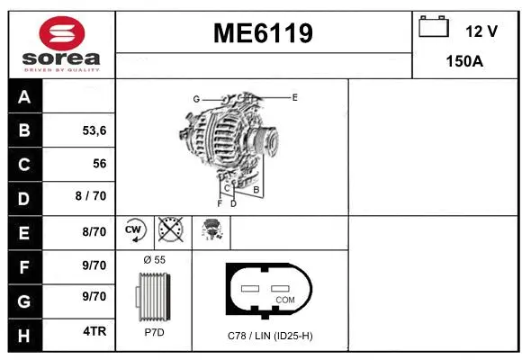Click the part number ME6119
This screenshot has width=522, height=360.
(263, 33)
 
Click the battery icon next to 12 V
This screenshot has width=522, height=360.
(434, 27)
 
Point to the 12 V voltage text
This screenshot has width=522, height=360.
(481, 31)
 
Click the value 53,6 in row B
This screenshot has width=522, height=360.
(94, 130)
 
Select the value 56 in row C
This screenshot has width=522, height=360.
(99, 164)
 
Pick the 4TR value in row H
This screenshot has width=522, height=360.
(94, 331)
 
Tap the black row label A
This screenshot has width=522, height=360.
(24, 97)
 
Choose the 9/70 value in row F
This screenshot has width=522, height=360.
(94, 265)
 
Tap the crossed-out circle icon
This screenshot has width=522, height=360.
(169, 230)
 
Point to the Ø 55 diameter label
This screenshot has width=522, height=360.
(155, 259)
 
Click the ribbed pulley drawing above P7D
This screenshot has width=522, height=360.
(154, 296)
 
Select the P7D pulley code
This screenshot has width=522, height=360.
(154, 332)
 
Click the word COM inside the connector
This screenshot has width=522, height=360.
(284, 299)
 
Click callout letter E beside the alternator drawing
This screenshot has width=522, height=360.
(294, 96)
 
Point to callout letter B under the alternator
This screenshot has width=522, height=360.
(256, 190)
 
